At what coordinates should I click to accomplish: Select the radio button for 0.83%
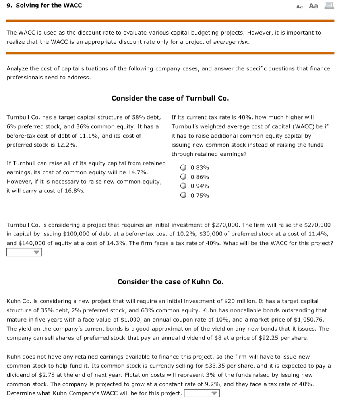[x=184, y=168]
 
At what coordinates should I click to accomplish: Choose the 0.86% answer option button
[x=184, y=177]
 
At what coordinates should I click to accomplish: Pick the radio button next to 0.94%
[x=184, y=186]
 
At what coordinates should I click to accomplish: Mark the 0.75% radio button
[x=184, y=195]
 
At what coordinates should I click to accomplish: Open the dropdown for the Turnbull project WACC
[x=24, y=252]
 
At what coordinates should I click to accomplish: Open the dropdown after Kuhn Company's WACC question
[x=202, y=393]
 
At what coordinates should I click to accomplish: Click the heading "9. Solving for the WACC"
[x=45, y=6]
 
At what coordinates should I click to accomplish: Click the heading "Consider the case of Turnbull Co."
[x=170, y=98]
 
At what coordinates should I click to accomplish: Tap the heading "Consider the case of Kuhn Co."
[x=170, y=282]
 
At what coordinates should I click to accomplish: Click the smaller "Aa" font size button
[x=300, y=6]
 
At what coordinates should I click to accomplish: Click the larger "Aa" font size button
[x=314, y=6]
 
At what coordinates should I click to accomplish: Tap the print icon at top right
[x=329, y=6]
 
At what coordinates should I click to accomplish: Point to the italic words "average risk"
[x=231, y=42]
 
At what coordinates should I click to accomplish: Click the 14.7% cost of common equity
[x=137, y=172]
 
